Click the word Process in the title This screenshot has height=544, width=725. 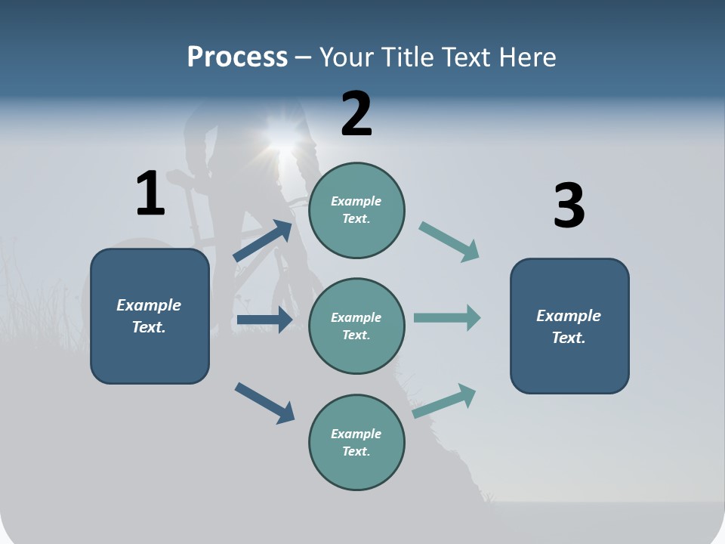237,57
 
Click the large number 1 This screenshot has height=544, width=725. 150,194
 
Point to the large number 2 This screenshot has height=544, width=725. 356,114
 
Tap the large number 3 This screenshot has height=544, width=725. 569,206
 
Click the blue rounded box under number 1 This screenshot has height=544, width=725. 150,317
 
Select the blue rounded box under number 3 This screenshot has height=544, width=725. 569,326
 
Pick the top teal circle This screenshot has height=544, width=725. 356,210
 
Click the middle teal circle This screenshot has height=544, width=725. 356,326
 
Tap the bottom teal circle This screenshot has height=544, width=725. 356,443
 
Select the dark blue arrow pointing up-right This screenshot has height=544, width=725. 263,241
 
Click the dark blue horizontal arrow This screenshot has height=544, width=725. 264,320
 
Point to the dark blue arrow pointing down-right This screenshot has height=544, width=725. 264,403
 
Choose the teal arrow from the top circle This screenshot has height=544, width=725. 449,242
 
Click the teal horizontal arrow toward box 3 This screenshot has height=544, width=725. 447,317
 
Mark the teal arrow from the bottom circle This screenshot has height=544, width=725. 444,400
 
